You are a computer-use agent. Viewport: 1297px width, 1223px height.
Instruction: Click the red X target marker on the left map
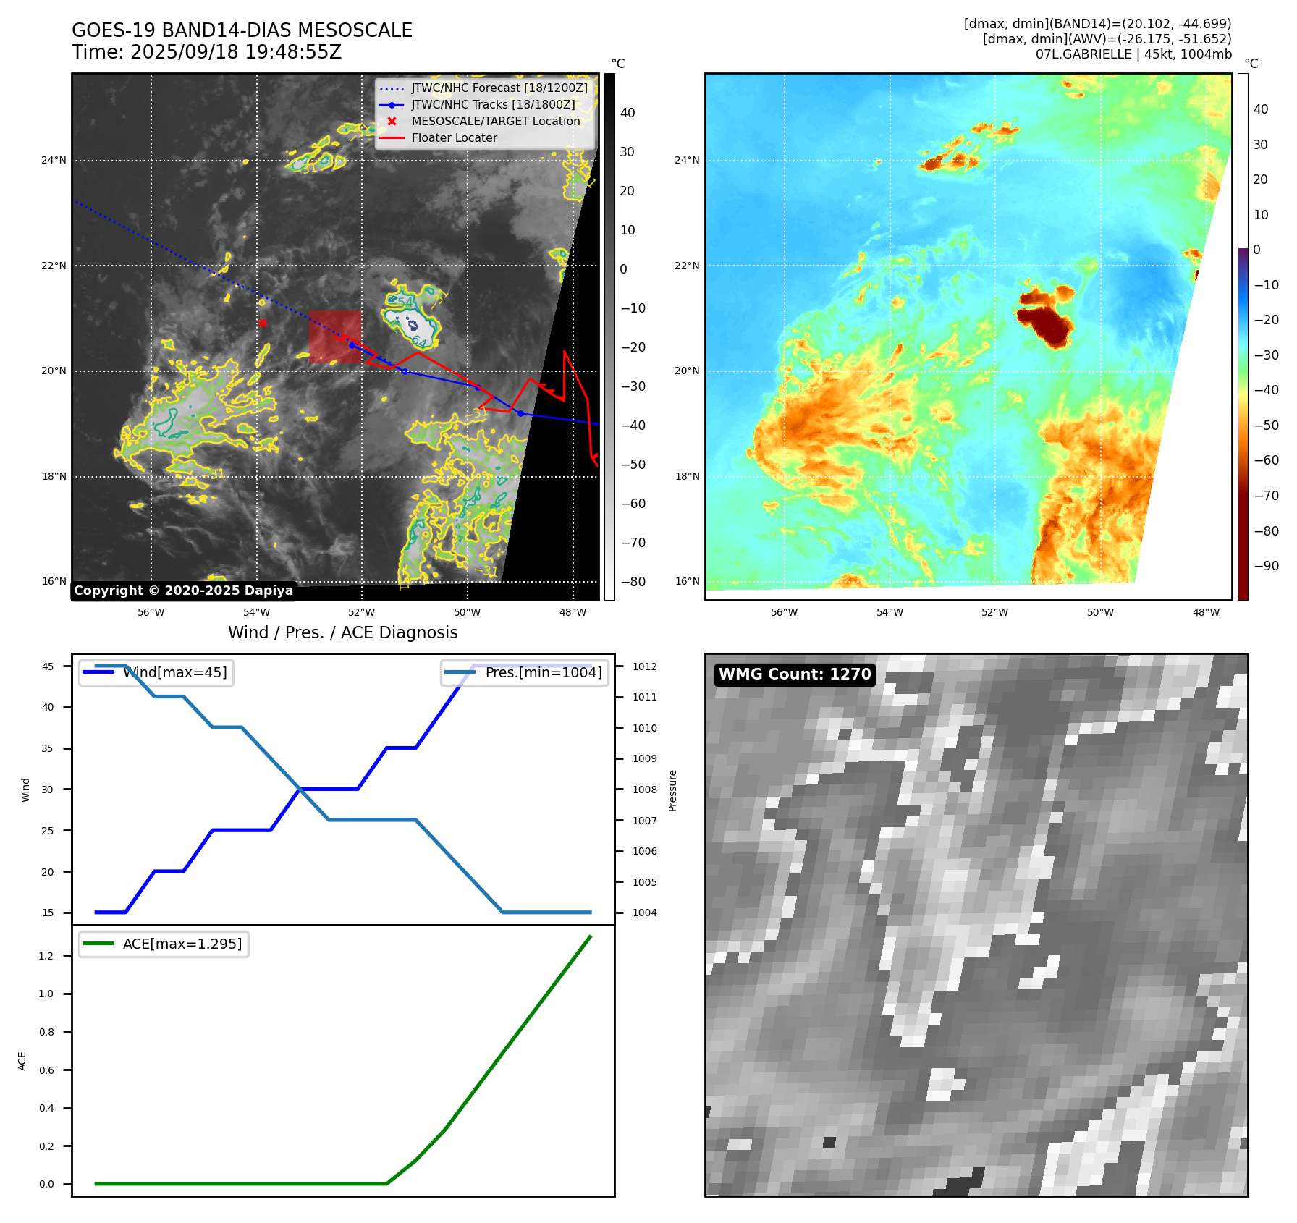[263, 323]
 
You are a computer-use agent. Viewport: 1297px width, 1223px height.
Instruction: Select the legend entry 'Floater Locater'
[454, 138]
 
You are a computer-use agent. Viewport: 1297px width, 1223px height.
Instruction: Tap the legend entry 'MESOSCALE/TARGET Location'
[495, 122]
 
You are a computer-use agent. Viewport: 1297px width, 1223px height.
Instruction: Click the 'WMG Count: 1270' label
[794, 674]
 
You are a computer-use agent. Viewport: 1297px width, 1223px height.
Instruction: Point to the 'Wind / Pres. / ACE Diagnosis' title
[342, 632]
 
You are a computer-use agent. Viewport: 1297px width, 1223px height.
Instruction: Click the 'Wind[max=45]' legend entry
[174, 673]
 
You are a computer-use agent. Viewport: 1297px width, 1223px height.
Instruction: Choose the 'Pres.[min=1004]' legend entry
[543, 673]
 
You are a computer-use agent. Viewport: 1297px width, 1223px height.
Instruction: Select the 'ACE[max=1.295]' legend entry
[182, 944]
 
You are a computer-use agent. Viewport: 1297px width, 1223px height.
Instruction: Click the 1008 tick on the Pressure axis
[644, 790]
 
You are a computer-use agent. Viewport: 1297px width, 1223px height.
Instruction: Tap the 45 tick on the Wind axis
[48, 666]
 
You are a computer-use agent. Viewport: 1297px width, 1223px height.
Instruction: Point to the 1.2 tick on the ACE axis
[46, 956]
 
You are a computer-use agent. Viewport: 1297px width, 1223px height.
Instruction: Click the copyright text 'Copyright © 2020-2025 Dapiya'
[183, 591]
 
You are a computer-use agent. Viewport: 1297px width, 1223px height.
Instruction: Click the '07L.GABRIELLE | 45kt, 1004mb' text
[1133, 54]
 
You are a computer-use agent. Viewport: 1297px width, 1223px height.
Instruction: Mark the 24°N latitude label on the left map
[54, 161]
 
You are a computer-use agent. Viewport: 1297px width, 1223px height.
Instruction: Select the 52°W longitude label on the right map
[994, 612]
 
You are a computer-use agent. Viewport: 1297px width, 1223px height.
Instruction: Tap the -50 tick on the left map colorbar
[633, 465]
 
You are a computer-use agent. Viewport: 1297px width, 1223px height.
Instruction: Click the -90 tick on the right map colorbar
[1266, 566]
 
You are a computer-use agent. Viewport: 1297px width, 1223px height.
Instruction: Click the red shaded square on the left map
[335, 337]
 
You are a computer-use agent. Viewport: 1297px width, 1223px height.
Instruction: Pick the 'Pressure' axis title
[672, 790]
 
